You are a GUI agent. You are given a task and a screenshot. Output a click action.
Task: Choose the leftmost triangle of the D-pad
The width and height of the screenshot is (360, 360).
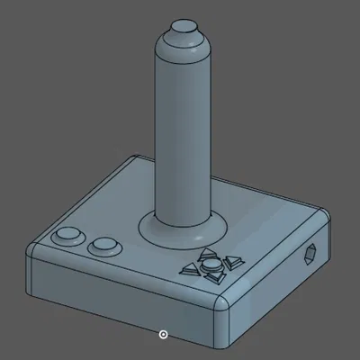[x=191, y=268]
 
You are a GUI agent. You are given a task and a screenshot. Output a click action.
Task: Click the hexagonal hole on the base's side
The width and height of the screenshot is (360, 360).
[x=311, y=255]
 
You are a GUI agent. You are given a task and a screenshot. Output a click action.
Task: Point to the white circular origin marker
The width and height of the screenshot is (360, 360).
[x=163, y=334]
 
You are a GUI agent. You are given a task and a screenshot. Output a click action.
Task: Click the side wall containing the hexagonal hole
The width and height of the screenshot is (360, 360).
[x=288, y=279]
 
